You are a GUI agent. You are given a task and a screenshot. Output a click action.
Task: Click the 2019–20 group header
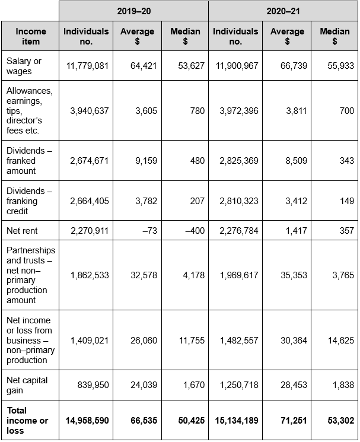coord(134,11)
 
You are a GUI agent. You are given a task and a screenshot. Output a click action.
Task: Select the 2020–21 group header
coord(283,11)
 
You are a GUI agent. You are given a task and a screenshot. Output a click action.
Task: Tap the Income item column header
coord(31,36)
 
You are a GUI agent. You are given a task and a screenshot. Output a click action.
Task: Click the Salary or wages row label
coord(24,66)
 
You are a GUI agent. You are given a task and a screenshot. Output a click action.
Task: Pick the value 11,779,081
coord(87,66)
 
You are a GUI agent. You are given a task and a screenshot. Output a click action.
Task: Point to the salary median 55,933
coord(340,66)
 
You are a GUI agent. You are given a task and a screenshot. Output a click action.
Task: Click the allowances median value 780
coord(197,111)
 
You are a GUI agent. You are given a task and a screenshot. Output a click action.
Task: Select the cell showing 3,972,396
coord(239,111)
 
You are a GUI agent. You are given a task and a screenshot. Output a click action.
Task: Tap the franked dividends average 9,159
coord(146,161)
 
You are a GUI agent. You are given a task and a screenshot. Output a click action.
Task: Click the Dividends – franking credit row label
coord(29,201)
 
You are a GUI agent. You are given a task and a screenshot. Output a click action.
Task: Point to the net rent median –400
coord(195,231)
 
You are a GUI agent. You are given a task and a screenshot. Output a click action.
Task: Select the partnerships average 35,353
coord(294,275)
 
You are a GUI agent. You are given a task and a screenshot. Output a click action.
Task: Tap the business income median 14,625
coord(341,341)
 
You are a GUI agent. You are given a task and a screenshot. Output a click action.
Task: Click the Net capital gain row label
coord(27,385)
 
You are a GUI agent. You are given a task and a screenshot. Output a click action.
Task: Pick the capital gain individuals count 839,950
coord(93,385)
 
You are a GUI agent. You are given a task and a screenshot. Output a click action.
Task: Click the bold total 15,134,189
coord(237,421)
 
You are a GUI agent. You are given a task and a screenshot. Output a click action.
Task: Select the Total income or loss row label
coord(27,421)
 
